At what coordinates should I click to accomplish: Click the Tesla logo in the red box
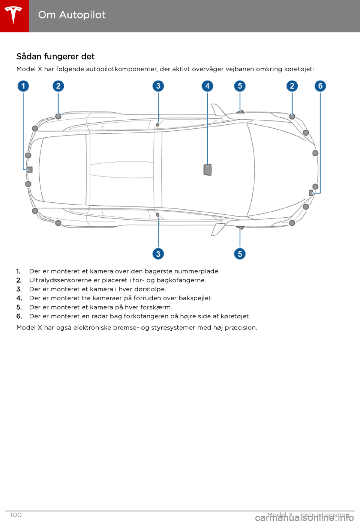[14, 15]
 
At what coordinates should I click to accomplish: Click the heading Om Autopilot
[72, 15]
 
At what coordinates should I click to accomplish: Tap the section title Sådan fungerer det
[55, 57]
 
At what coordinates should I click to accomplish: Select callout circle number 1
[23, 86]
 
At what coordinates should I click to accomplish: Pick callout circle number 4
[207, 86]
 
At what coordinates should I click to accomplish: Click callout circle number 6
[320, 86]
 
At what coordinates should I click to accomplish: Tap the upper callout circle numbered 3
[158, 86]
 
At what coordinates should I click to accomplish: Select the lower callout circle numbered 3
[158, 254]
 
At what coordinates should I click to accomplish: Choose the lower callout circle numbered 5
[240, 254]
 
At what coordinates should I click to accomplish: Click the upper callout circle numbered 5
[240, 86]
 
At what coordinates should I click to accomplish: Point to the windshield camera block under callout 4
[207, 170]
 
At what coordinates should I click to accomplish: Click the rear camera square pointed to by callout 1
[30, 170]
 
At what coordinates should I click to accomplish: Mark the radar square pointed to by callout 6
[311, 193]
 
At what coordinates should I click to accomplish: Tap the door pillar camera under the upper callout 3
[158, 124]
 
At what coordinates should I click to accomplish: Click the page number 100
[16, 515]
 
